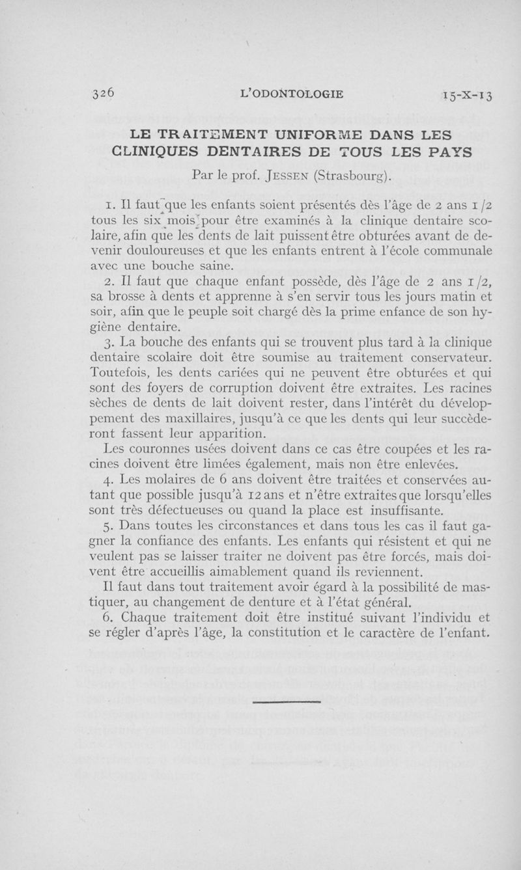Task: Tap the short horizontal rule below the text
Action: click(x=287, y=701)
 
